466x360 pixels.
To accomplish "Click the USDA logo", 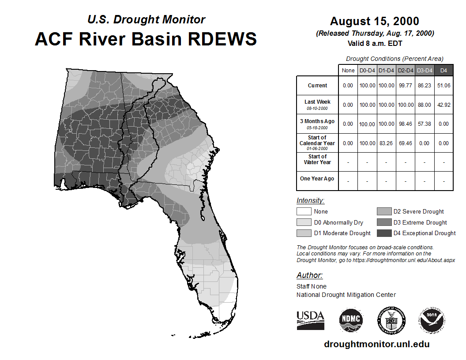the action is (x=310, y=320).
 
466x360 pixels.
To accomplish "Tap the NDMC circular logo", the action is (x=351, y=320).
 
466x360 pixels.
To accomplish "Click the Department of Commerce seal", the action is (x=391, y=320).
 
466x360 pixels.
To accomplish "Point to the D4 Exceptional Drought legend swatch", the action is (x=384, y=233).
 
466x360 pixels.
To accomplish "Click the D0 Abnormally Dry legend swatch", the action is (x=304, y=222).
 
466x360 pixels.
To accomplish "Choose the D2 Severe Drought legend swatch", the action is (x=384, y=211).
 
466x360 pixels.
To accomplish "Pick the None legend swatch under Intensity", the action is (x=304, y=211).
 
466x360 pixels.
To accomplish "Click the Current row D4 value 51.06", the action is (x=443, y=86).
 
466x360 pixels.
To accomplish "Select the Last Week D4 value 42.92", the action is (x=443, y=105).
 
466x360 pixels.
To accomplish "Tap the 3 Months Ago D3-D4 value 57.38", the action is (x=425, y=124).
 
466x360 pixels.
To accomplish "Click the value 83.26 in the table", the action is (x=386, y=143).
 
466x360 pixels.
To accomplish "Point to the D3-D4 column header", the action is (x=425, y=71).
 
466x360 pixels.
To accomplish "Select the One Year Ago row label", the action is (x=317, y=179).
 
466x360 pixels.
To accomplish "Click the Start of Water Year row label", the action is (x=317, y=159).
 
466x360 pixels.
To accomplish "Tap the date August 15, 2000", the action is (x=375, y=21).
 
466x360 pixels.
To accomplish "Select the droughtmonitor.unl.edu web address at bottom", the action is (x=376, y=344).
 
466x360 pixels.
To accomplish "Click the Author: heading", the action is (x=309, y=275).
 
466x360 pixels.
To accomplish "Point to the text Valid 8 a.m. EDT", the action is (x=375, y=44).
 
